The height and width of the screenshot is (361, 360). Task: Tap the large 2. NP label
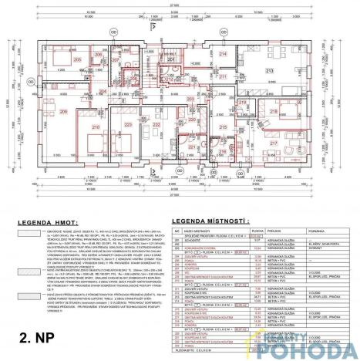[37, 336]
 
